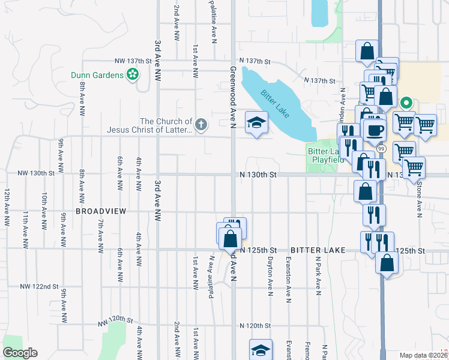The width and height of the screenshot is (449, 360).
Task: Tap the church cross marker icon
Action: click(200, 125)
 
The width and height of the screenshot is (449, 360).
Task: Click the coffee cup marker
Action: click(376, 130)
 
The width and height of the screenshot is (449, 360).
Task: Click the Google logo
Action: click(20, 353)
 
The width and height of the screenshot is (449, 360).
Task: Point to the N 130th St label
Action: click(257, 175)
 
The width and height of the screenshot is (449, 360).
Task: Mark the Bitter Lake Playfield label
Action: click(325, 155)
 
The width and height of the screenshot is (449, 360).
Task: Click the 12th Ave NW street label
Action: click(7, 208)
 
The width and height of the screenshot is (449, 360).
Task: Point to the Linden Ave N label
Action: click(343, 96)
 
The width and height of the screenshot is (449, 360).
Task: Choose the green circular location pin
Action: click(406, 103)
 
